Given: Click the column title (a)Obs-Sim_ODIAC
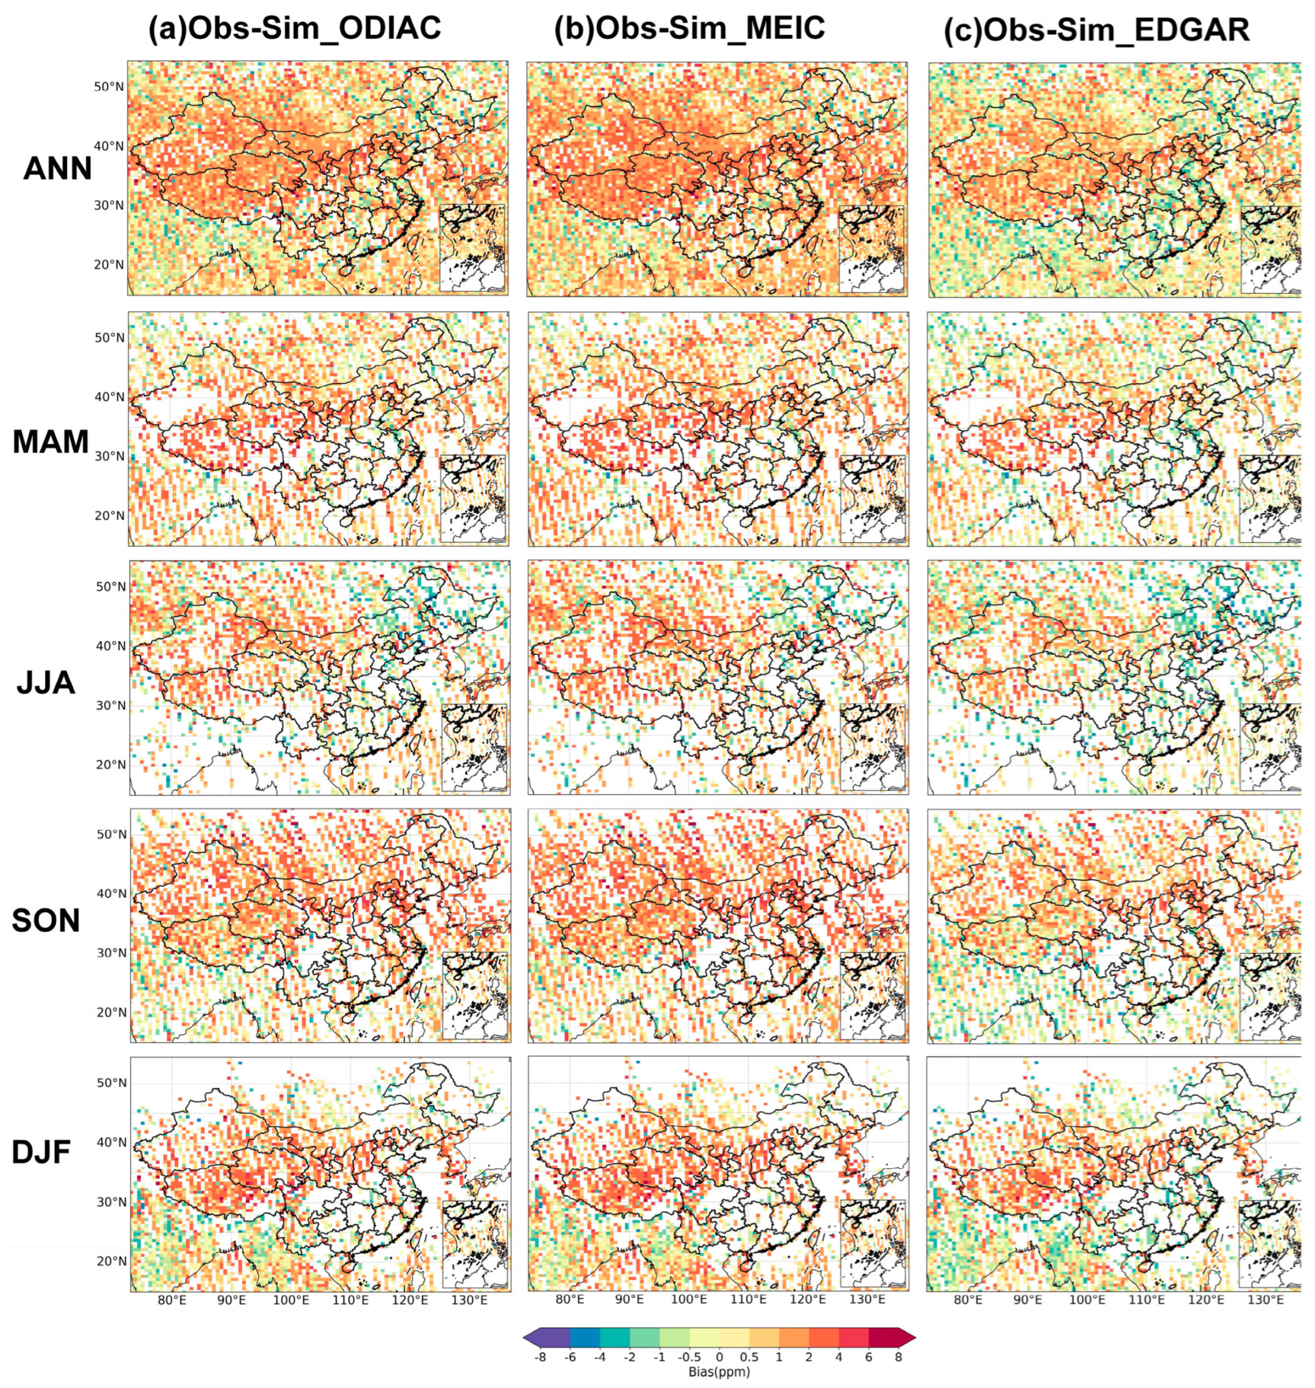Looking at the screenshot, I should pyautogui.click(x=294, y=29).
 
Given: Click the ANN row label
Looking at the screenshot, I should pyautogui.click(x=57, y=168).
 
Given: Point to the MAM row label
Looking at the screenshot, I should pyautogui.click(x=51, y=442).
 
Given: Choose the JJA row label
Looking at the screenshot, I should pyautogui.click(x=46, y=682).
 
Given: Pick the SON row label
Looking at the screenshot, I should pyautogui.click(x=46, y=920).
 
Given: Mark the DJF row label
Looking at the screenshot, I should pyautogui.click(x=41, y=1152).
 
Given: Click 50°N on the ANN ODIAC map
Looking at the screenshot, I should pyautogui.click(x=109, y=86).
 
